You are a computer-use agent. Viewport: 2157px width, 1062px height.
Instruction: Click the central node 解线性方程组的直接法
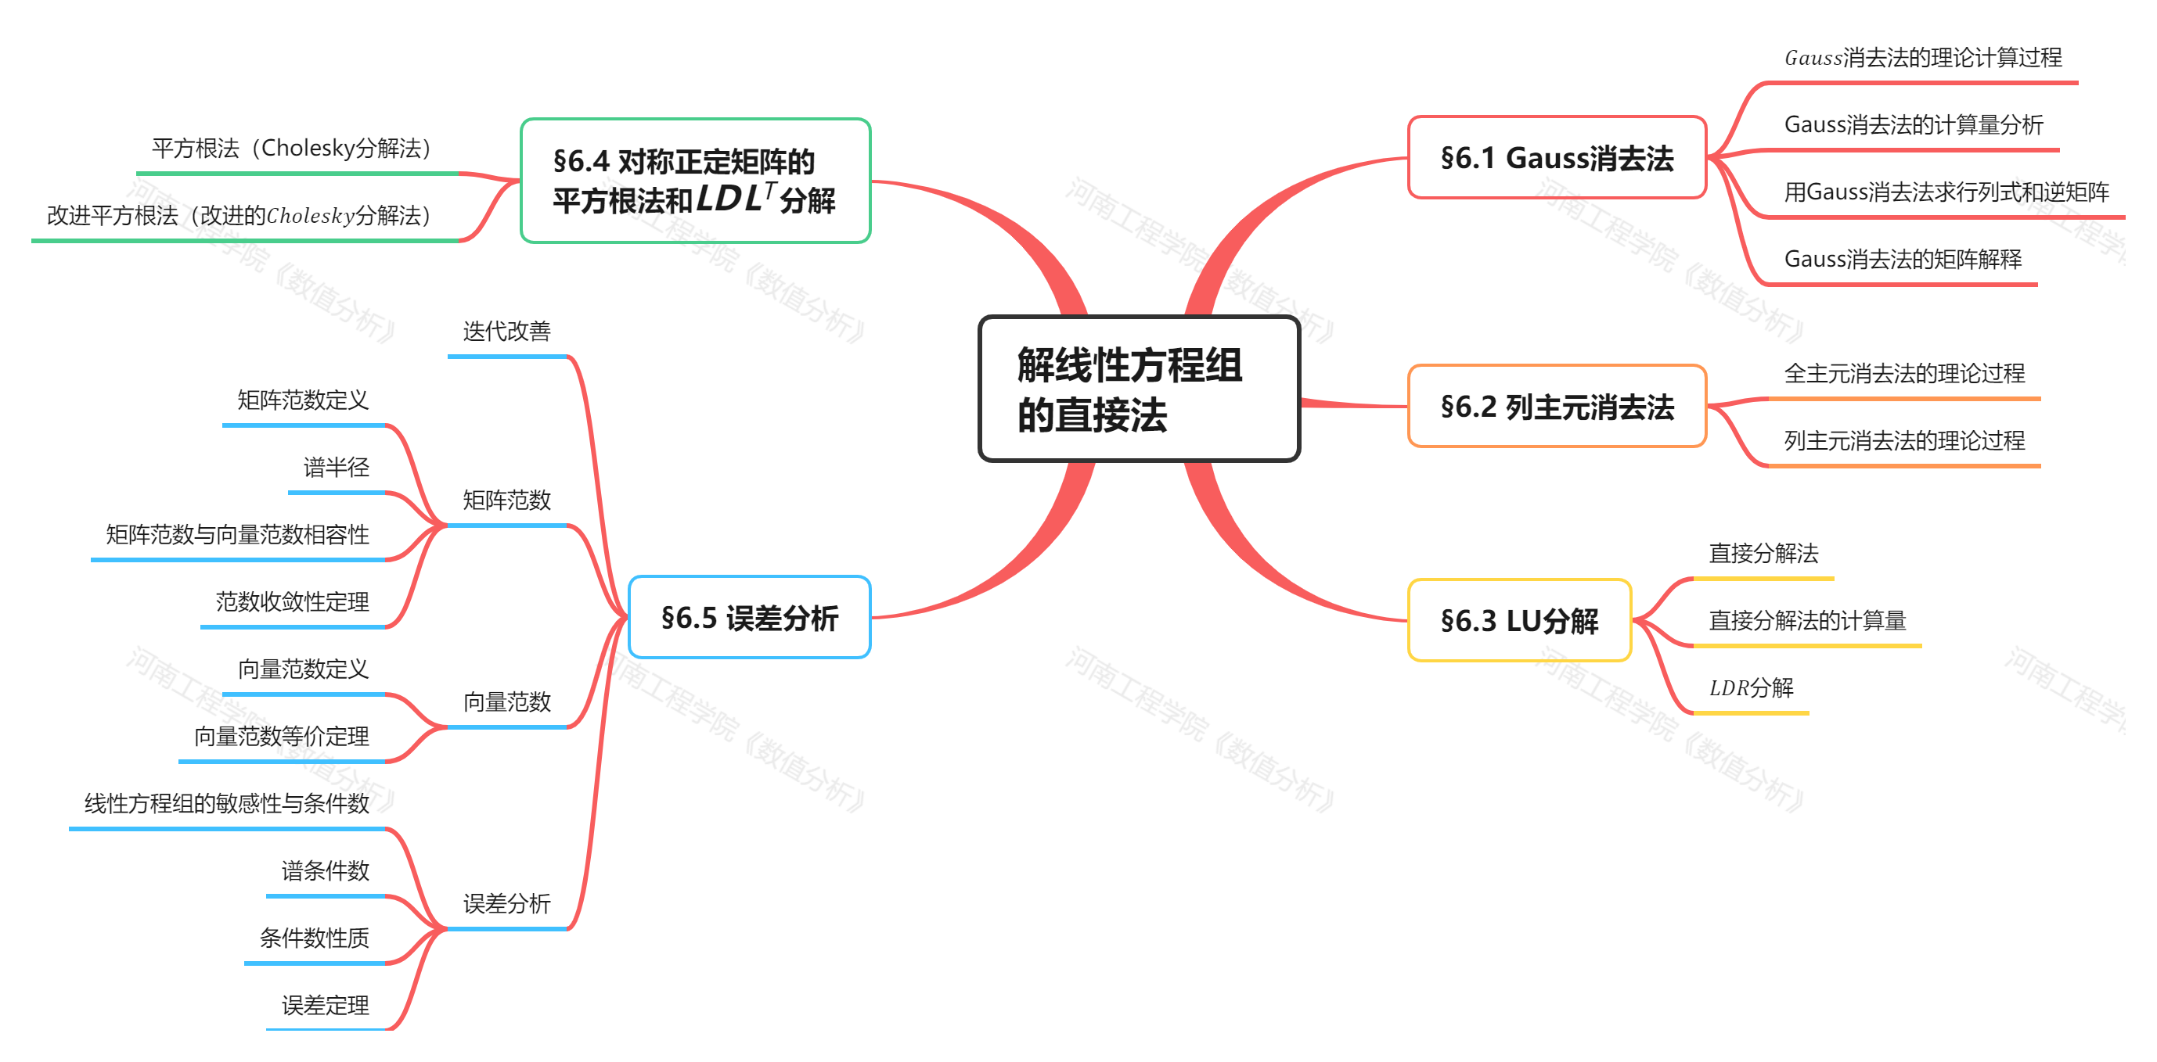point(1139,389)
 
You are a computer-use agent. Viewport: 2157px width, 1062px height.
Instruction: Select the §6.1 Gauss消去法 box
point(1557,157)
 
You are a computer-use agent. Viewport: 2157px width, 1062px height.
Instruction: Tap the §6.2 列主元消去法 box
point(1557,407)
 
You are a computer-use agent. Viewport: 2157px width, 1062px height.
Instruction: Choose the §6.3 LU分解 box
point(1519,620)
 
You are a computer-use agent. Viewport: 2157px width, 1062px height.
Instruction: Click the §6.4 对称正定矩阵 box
point(695,181)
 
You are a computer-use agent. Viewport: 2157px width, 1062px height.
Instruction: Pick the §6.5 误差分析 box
point(750,618)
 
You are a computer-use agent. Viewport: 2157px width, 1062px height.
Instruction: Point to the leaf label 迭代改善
point(506,332)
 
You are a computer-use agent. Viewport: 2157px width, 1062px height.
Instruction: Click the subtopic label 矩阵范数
point(506,501)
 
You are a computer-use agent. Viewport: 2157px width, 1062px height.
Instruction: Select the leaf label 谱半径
point(336,467)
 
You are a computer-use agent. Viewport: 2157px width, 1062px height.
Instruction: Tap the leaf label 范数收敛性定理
point(292,601)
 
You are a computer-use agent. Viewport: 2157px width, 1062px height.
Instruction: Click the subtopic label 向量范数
point(506,702)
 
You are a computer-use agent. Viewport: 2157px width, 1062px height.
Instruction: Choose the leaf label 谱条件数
point(325,871)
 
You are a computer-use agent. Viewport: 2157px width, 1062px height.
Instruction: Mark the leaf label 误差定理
point(325,1005)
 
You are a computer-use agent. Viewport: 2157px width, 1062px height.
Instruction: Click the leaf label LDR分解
point(1751,688)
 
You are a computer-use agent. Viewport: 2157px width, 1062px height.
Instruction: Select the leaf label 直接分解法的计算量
point(1807,621)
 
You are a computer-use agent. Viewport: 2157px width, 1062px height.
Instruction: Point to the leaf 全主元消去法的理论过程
point(1903,374)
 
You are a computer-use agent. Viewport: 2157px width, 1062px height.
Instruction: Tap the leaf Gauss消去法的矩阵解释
point(1902,260)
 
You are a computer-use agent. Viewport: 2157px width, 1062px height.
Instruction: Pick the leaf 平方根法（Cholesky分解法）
point(291,149)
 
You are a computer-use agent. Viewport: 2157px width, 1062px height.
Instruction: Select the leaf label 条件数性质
point(314,938)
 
